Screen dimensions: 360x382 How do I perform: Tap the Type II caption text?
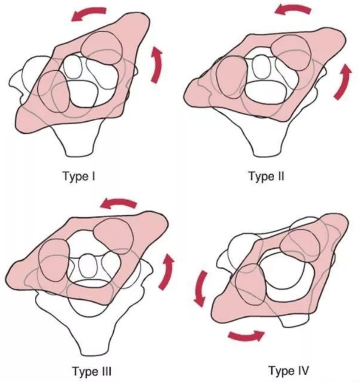click(266, 176)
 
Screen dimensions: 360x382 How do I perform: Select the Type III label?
click(91, 370)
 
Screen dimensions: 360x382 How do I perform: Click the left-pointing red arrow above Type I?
click(89, 13)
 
